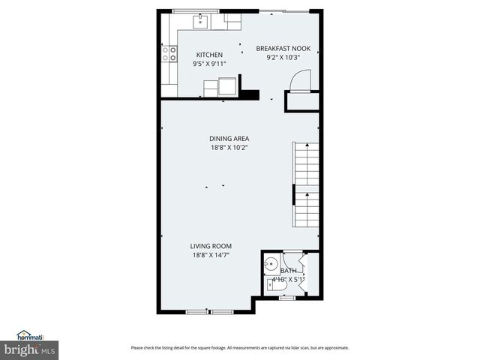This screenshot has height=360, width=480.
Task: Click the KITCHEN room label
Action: (209, 55)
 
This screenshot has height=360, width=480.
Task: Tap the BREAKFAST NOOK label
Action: (283, 48)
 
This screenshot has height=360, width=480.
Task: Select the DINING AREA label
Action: (229, 138)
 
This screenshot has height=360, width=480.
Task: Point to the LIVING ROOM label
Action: (211, 246)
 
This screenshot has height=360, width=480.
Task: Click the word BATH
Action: (289, 271)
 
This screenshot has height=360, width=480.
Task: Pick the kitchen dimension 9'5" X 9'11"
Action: (209, 64)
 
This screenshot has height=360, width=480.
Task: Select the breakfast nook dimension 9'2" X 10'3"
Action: (283, 57)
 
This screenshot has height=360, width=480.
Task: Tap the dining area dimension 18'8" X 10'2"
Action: (229, 147)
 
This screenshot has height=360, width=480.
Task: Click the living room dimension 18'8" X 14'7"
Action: (211, 255)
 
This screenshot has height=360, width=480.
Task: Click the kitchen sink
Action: (202, 22)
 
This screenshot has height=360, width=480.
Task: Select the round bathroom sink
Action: (271, 265)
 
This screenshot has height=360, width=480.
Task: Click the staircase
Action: (306, 185)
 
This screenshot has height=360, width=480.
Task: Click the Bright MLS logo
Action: (29, 346)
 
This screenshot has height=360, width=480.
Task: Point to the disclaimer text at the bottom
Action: (240, 347)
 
